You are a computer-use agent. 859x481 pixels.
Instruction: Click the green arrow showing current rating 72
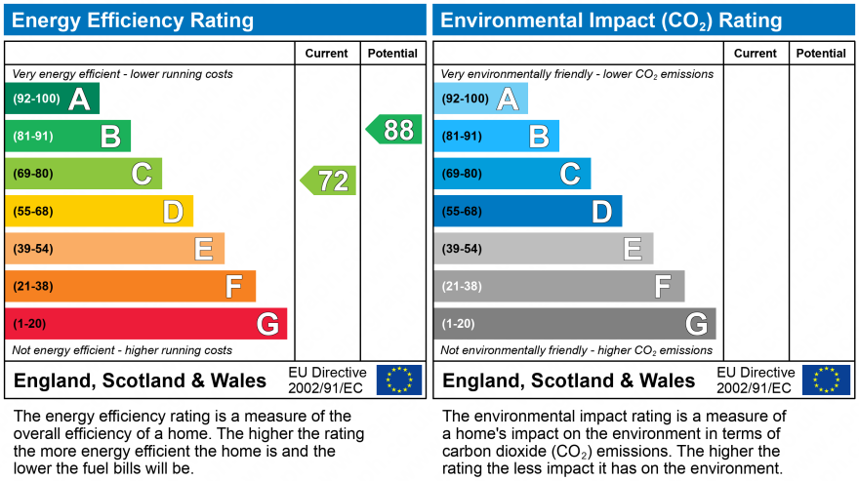[329, 180]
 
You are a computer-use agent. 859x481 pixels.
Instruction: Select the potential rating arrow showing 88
[394, 130]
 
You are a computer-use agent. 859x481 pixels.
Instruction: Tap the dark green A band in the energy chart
[53, 99]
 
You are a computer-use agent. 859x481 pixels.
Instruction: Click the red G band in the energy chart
[146, 324]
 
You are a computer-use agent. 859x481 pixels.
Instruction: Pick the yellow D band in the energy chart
[100, 211]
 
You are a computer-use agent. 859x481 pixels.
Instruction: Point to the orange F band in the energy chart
[131, 286]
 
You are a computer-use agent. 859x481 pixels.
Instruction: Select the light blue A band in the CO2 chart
[481, 99]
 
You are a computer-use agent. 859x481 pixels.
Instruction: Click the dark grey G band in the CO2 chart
[575, 324]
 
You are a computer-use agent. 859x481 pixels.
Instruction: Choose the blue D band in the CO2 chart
[528, 211]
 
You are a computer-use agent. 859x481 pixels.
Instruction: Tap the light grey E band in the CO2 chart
[544, 249]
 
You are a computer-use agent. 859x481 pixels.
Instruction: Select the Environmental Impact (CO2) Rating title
[612, 20]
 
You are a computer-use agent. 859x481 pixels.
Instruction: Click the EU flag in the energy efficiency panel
[399, 380]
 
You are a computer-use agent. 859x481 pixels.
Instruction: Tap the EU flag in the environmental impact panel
[826, 380]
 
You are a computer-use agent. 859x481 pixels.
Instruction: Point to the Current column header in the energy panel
[328, 54]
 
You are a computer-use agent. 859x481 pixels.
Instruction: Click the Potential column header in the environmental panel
[821, 54]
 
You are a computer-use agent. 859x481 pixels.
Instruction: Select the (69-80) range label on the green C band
[33, 174]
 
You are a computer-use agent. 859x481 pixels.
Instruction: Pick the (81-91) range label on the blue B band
[462, 137]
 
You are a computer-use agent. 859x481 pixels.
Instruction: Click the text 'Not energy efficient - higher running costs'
[122, 350]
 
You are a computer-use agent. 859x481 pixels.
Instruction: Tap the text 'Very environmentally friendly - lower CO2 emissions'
[577, 74]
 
